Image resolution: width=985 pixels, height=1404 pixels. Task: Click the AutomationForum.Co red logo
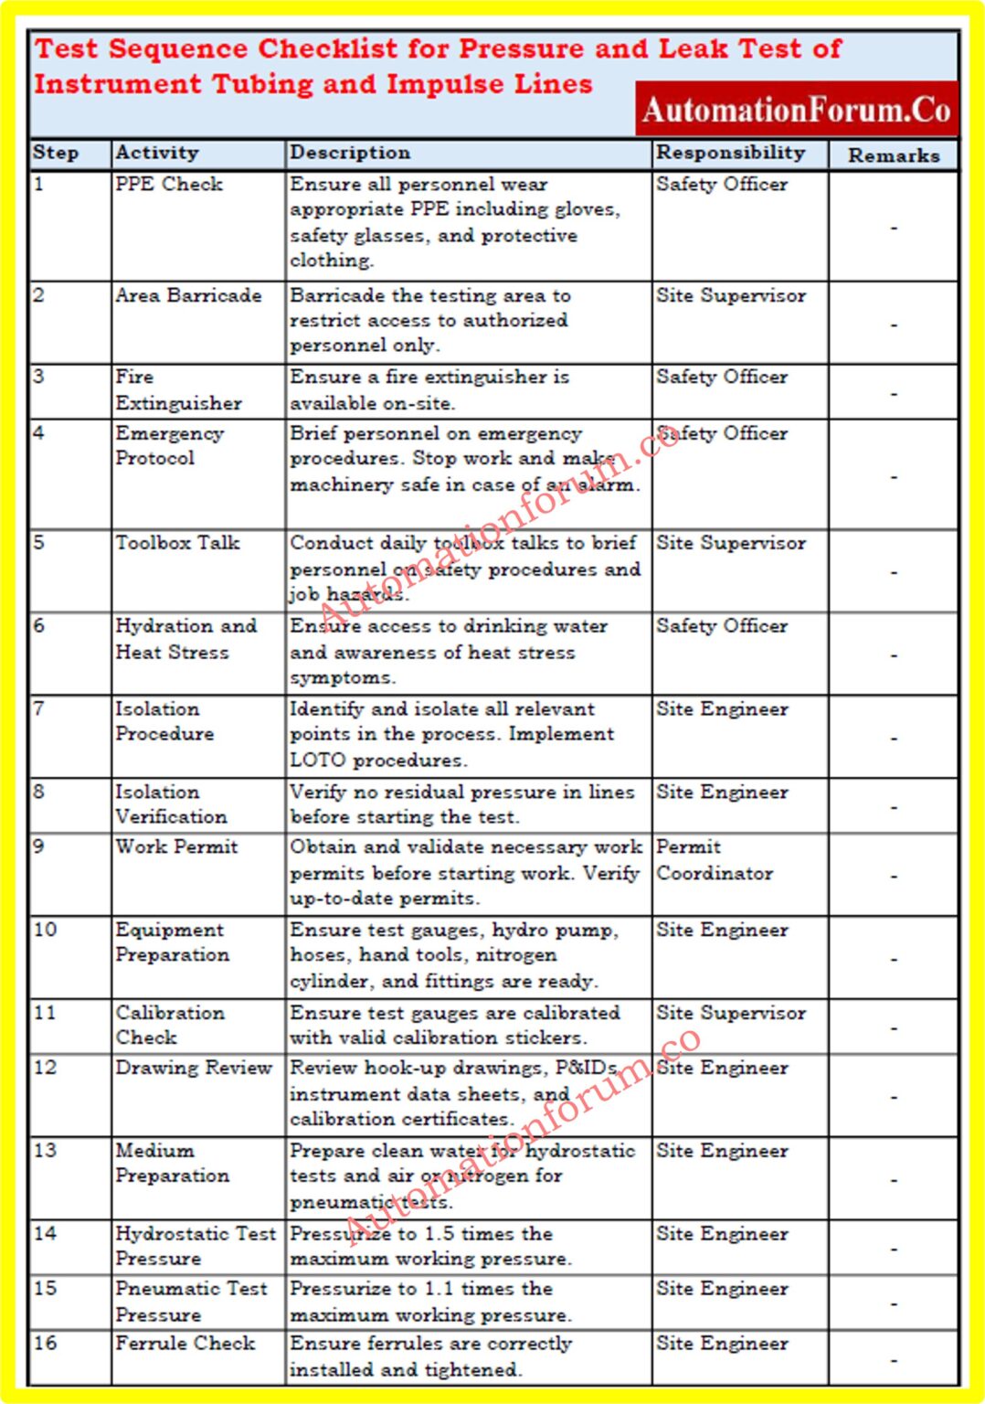(x=796, y=110)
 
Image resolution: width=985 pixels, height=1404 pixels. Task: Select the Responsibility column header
(x=730, y=153)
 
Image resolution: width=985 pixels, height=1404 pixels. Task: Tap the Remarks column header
(x=893, y=155)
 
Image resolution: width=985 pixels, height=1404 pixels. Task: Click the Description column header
(x=350, y=153)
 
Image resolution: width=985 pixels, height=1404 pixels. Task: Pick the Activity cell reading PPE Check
(x=169, y=184)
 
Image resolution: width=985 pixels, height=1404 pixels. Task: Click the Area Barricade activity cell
(x=188, y=295)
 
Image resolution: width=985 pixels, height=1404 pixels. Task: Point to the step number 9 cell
(x=39, y=846)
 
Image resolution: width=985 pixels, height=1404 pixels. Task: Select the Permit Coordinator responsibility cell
(x=714, y=860)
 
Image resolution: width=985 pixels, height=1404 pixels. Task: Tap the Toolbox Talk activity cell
(x=177, y=543)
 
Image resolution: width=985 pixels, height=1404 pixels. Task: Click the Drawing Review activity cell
(x=194, y=1068)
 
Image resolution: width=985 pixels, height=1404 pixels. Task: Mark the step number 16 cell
(x=45, y=1343)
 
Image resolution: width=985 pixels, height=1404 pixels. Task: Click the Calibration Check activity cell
(x=169, y=1025)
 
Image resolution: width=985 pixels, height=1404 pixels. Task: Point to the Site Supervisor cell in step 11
(x=731, y=1013)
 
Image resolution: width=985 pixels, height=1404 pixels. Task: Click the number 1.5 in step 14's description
(x=438, y=1233)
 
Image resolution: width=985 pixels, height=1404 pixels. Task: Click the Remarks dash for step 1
(x=894, y=228)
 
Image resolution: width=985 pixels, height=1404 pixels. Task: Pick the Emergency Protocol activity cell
(x=169, y=445)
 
